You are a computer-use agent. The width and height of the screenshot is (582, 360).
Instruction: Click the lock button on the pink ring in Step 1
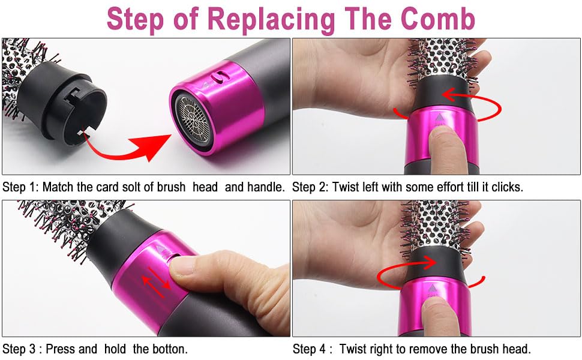pyautogui.click(x=220, y=77)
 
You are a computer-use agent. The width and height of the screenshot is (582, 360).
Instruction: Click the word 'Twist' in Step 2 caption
pyautogui.click(x=342, y=187)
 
